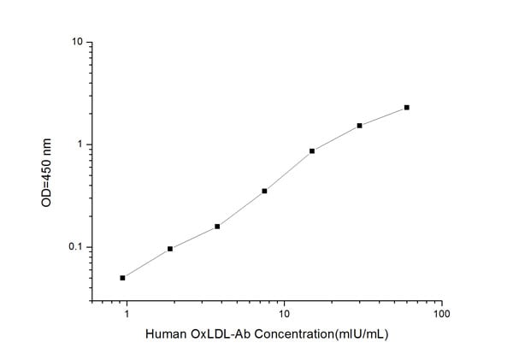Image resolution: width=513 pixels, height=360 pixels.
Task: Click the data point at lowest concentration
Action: coord(123,278)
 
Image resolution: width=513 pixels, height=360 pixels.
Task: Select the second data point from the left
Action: coord(170,249)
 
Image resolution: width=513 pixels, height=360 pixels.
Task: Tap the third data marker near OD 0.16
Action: coord(217,227)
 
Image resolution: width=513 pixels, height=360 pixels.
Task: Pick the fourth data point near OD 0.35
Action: coord(265,191)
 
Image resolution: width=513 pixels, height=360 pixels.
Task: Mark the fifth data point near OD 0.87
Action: coord(312,150)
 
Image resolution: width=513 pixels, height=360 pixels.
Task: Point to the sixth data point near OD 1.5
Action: coord(360,126)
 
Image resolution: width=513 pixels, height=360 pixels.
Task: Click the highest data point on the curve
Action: coord(407,108)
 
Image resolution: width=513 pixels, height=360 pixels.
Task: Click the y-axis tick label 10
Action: coord(76,42)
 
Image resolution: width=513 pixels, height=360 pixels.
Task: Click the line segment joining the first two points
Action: coord(146,263)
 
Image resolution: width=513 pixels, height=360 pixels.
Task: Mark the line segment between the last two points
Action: coord(383,117)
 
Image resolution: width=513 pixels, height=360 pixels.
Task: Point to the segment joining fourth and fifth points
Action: coord(288,171)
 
